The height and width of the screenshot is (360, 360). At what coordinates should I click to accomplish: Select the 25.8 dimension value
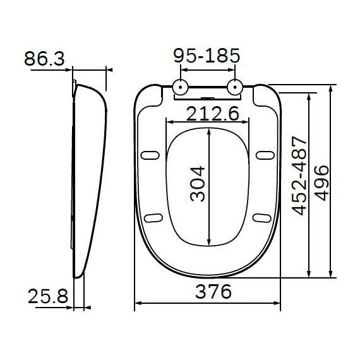pos(47,296)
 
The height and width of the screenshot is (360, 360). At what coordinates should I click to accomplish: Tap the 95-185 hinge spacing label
pos(207,56)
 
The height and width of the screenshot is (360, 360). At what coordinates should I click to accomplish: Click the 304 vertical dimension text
pos(198,183)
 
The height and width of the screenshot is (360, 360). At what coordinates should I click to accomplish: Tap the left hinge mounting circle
pos(181,87)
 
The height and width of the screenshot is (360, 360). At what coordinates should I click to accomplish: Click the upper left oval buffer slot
pos(151,154)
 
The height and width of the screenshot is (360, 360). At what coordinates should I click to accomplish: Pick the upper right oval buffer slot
pos(265,154)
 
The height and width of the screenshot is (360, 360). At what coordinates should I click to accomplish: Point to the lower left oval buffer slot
pos(153,218)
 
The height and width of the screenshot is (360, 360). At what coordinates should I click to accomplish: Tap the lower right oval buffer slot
pos(261,218)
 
